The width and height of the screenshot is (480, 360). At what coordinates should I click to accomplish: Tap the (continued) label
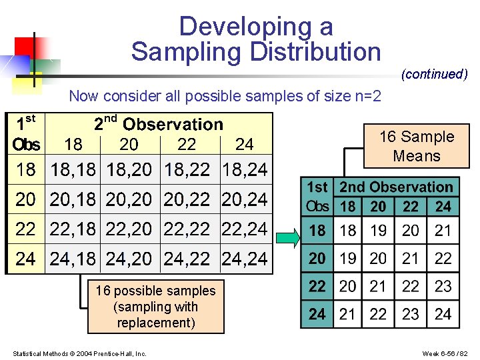click(434, 74)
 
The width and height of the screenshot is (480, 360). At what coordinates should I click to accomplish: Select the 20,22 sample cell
click(187, 199)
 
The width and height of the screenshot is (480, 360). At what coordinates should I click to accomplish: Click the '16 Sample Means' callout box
click(417, 146)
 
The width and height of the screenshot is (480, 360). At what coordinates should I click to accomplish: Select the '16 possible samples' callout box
click(155, 307)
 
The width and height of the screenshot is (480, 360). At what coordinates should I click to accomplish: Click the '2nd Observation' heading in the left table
click(159, 124)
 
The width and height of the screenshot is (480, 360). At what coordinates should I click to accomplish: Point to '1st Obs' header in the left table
click(26, 133)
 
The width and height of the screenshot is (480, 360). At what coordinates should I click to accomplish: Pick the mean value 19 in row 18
click(378, 231)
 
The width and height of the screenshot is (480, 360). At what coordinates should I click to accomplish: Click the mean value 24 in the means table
click(443, 314)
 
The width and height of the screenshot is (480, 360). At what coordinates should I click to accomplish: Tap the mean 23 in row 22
click(443, 286)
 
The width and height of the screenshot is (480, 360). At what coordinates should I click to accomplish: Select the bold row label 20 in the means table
click(317, 259)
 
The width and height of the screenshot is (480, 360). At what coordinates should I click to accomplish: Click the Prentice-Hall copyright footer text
click(80, 353)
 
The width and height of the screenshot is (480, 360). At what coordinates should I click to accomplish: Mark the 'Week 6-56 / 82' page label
click(445, 353)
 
